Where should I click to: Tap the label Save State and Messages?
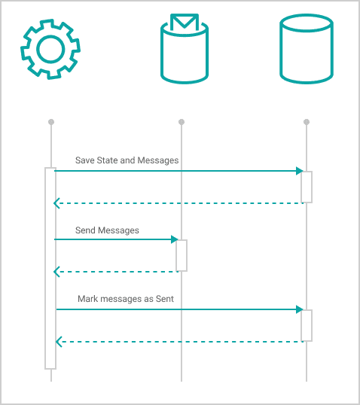click(x=127, y=160)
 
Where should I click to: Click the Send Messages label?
click(x=107, y=230)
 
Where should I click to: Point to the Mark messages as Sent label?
click(x=126, y=299)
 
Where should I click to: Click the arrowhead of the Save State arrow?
click(x=300, y=171)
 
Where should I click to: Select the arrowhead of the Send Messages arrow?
click(x=175, y=239)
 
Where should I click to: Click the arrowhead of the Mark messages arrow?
click(x=300, y=309)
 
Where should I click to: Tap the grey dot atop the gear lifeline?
click(x=51, y=122)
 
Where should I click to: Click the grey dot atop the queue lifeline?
click(x=182, y=122)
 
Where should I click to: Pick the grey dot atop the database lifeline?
click(x=307, y=122)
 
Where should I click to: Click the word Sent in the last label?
click(x=165, y=299)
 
